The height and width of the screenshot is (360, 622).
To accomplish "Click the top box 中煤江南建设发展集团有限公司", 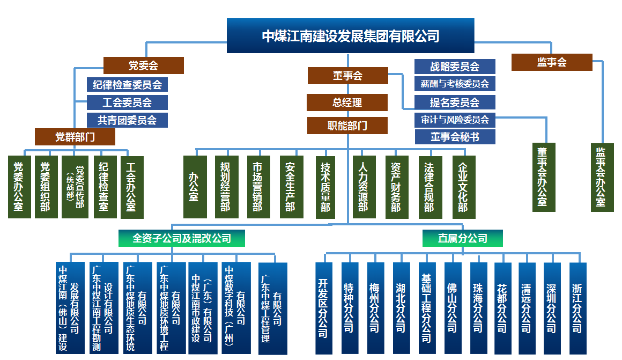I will [x=350, y=36].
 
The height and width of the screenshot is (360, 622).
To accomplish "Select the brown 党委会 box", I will [x=143, y=65].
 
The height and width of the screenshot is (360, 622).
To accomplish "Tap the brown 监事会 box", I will [x=552, y=62].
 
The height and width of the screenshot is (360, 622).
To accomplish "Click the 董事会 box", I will [x=347, y=76].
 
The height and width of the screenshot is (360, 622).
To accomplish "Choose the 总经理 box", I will [x=347, y=102].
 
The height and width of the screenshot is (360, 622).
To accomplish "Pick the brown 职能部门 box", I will [x=347, y=126].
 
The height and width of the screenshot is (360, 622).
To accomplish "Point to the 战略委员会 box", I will [x=455, y=67].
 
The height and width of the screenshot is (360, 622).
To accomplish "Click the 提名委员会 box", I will [x=455, y=102].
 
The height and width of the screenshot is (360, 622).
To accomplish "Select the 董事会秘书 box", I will [x=455, y=137].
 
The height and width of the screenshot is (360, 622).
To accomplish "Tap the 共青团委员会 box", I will [x=127, y=120].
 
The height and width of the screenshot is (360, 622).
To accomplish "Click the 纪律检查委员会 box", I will [x=127, y=84].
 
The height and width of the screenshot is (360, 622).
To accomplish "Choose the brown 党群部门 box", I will [x=75, y=137].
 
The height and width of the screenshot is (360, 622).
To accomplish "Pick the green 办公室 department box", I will [x=195, y=187].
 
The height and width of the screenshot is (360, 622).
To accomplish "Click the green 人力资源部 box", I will [x=364, y=187].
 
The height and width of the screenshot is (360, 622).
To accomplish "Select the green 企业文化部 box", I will [x=464, y=187].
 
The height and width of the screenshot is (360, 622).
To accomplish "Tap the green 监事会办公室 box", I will [x=602, y=177].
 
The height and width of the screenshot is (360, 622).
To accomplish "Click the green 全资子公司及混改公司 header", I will [x=182, y=238].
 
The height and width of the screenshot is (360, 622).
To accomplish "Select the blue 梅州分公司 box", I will [x=375, y=307].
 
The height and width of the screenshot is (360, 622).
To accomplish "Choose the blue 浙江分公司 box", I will [x=578, y=307].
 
